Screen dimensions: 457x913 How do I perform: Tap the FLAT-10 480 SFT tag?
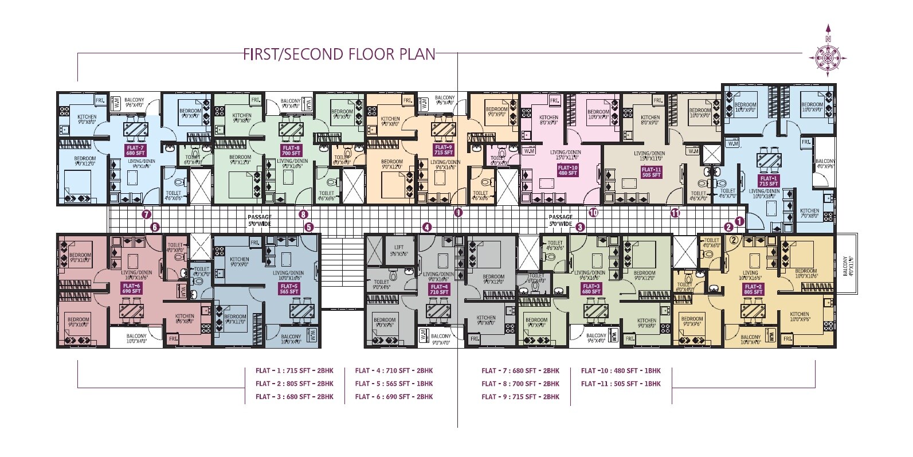pos(567,170)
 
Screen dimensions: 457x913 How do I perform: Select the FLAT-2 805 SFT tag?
pos(753,288)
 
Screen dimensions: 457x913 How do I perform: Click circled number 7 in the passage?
pos(146,214)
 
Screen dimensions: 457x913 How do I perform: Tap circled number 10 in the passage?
pos(593,212)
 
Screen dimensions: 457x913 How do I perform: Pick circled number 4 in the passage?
pos(426,227)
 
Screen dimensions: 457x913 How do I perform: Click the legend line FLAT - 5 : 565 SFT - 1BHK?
pos(394,384)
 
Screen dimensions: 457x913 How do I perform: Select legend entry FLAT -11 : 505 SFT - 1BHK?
pos(621,384)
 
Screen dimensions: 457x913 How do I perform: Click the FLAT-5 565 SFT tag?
pos(288,288)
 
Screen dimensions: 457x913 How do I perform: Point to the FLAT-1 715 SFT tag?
pos(769,181)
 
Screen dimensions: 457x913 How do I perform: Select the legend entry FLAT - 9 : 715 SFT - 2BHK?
pos(520,397)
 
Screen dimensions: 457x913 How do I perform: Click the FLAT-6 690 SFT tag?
pos(131,288)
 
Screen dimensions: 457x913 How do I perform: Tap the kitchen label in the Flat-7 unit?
pos(87,119)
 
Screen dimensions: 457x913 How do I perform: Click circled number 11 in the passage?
pos(675,213)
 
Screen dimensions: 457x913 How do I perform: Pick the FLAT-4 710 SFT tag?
pos(438,290)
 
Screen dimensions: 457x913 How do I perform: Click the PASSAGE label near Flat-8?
pos(259,220)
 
